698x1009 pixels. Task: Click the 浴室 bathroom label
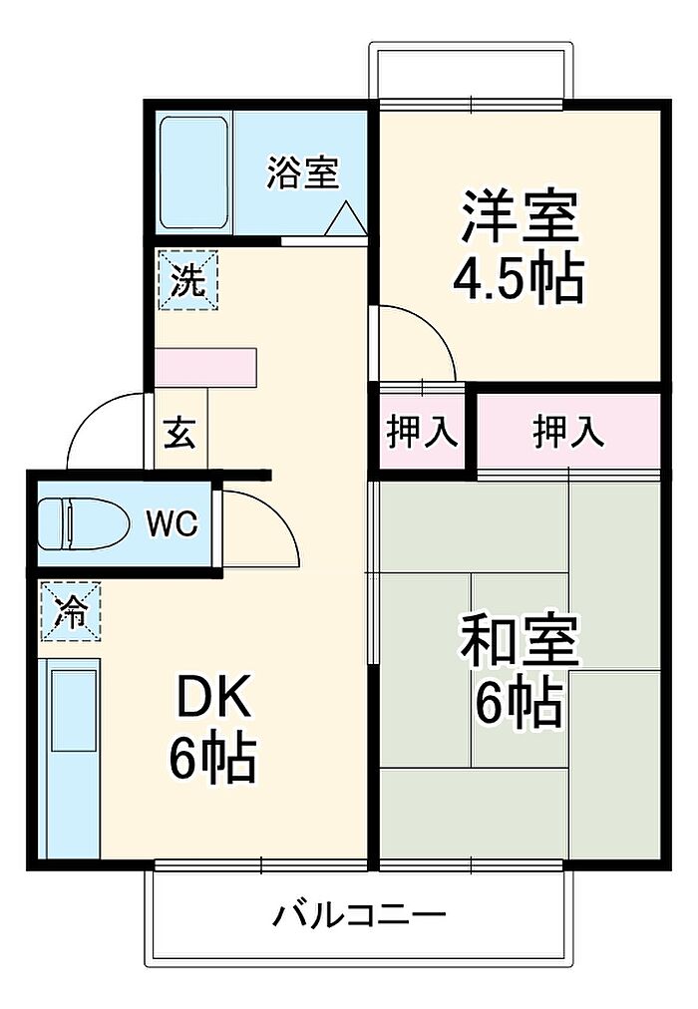(x=302, y=172)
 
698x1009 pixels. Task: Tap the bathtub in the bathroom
(x=194, y=172)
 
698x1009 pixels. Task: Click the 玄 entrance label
(x=179, y=433)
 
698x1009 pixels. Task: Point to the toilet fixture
(x=82, y=523)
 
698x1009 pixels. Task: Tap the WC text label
(x=173, y=524)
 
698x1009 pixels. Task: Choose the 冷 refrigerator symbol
(x=71, y=611)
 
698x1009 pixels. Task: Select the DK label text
(x=213, y=700)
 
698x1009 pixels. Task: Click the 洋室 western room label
(x=520, y=215)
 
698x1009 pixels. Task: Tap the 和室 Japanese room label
(x=520, y=640)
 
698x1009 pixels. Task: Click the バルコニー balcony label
(x=359, y=914)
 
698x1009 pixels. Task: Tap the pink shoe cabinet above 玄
(x=205, y=368)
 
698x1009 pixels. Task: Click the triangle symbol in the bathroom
(x=346, y=218)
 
